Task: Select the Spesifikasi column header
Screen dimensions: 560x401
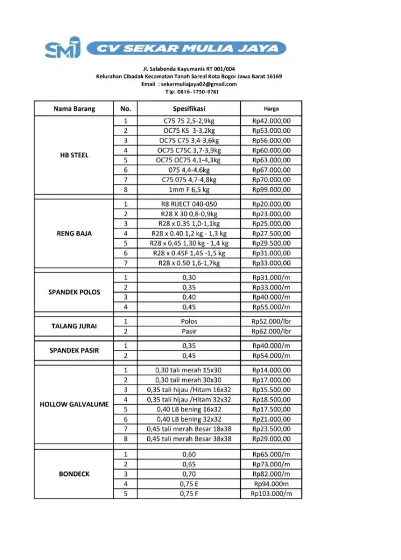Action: point(189,109)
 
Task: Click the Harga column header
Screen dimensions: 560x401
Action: point(271,109)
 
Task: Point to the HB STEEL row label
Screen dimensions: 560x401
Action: point(74,155)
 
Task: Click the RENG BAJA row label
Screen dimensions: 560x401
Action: point(74,234)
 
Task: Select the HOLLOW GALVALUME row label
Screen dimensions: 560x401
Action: point(74,404)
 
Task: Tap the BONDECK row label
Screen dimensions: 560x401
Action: point(74,474)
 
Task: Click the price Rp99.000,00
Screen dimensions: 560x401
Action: point(271,190)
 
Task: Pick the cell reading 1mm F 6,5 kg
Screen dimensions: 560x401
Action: point(189,190)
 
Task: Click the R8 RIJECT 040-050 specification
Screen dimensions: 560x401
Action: point(189,204)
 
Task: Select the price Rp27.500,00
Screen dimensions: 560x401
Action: point(271,234)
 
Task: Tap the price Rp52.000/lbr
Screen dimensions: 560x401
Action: point(271,321)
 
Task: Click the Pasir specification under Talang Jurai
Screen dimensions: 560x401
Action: point(189,331)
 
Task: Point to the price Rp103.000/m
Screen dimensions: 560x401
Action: point(271,494)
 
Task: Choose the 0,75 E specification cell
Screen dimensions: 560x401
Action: point(189,484)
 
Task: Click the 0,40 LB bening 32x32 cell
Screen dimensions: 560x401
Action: point(189,419)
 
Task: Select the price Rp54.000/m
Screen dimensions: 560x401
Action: point(271,356)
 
